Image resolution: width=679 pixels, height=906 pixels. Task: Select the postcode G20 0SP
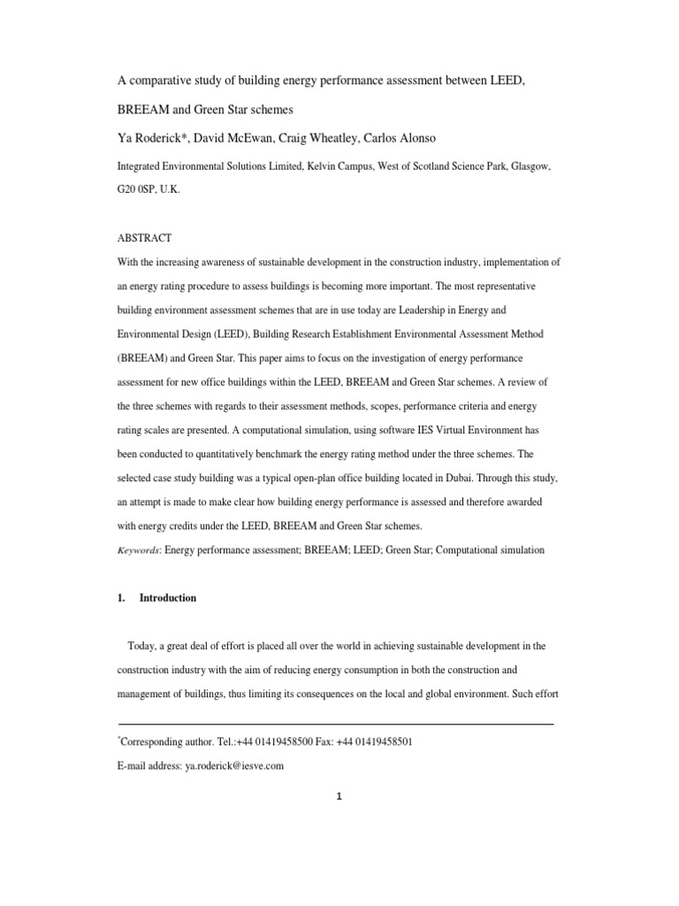pos(138,189)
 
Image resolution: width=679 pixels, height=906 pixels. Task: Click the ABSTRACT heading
pos(145,238)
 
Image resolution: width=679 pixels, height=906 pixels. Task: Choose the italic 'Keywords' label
pos(139,550)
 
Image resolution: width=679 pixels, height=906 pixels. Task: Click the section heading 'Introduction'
pos(168,598)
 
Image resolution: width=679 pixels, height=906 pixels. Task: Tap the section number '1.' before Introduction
pos(122,598)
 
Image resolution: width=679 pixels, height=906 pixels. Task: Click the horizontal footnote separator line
pos(336,724)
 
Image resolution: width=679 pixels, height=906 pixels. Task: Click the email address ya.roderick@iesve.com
pos(234,766)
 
